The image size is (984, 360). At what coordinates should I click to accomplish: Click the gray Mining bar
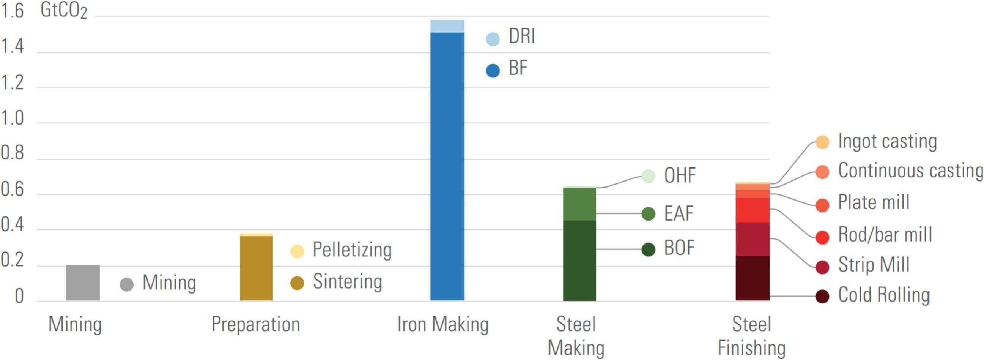(x=82, y=283)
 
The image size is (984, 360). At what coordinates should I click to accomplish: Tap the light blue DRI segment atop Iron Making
(x=447, y=26)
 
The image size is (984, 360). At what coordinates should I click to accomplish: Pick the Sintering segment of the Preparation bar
(x=256, y=267)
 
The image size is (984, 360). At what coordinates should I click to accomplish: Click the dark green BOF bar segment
(x=579, y=260)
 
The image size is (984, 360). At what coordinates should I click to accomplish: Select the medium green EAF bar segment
(x=579, y=204)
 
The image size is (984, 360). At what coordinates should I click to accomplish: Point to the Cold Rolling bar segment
(x=752, y=278)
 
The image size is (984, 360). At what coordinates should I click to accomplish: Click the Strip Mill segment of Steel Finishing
(x=752, y=239)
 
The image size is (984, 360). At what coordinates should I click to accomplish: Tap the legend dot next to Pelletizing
(x=297, y=251)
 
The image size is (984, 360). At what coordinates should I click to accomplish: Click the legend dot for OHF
(x=648, y=176)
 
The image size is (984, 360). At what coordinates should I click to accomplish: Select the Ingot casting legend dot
(x=822, y=142)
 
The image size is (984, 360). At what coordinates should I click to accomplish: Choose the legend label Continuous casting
(x=910, y=171)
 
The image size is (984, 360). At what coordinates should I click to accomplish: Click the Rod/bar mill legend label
(x=885, y=235)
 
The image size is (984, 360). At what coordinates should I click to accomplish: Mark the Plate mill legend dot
(x=822, y=205)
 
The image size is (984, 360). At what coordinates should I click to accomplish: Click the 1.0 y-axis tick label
(x=12, y=118)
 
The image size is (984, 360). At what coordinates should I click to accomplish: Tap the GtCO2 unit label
(x=63, y=11)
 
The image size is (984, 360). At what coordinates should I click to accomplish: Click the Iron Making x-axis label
(x=443, y=324)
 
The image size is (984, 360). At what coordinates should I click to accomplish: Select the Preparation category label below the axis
(x=255, y=324)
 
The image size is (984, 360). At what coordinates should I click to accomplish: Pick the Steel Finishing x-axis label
(x=751, y=336)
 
